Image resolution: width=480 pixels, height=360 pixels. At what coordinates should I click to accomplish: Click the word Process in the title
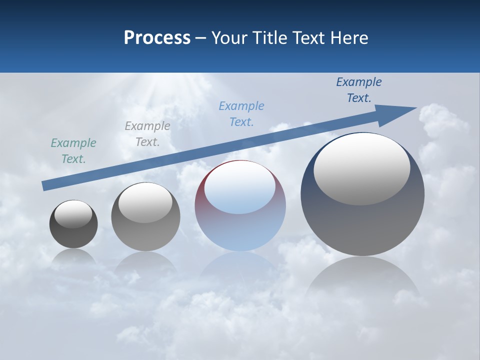pos(157,38)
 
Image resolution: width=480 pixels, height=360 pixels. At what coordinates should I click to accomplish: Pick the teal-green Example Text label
pos(73,151)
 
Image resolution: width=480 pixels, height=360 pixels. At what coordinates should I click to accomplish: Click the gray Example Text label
pos(147,134)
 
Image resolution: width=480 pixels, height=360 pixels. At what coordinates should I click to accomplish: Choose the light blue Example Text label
pos(241,114)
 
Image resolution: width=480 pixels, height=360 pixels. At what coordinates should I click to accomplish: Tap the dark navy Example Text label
pos(359,90)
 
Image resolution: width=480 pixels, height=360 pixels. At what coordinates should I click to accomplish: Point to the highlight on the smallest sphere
pos(73,214)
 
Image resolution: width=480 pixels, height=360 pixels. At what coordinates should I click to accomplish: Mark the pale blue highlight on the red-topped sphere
pos(239,187)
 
